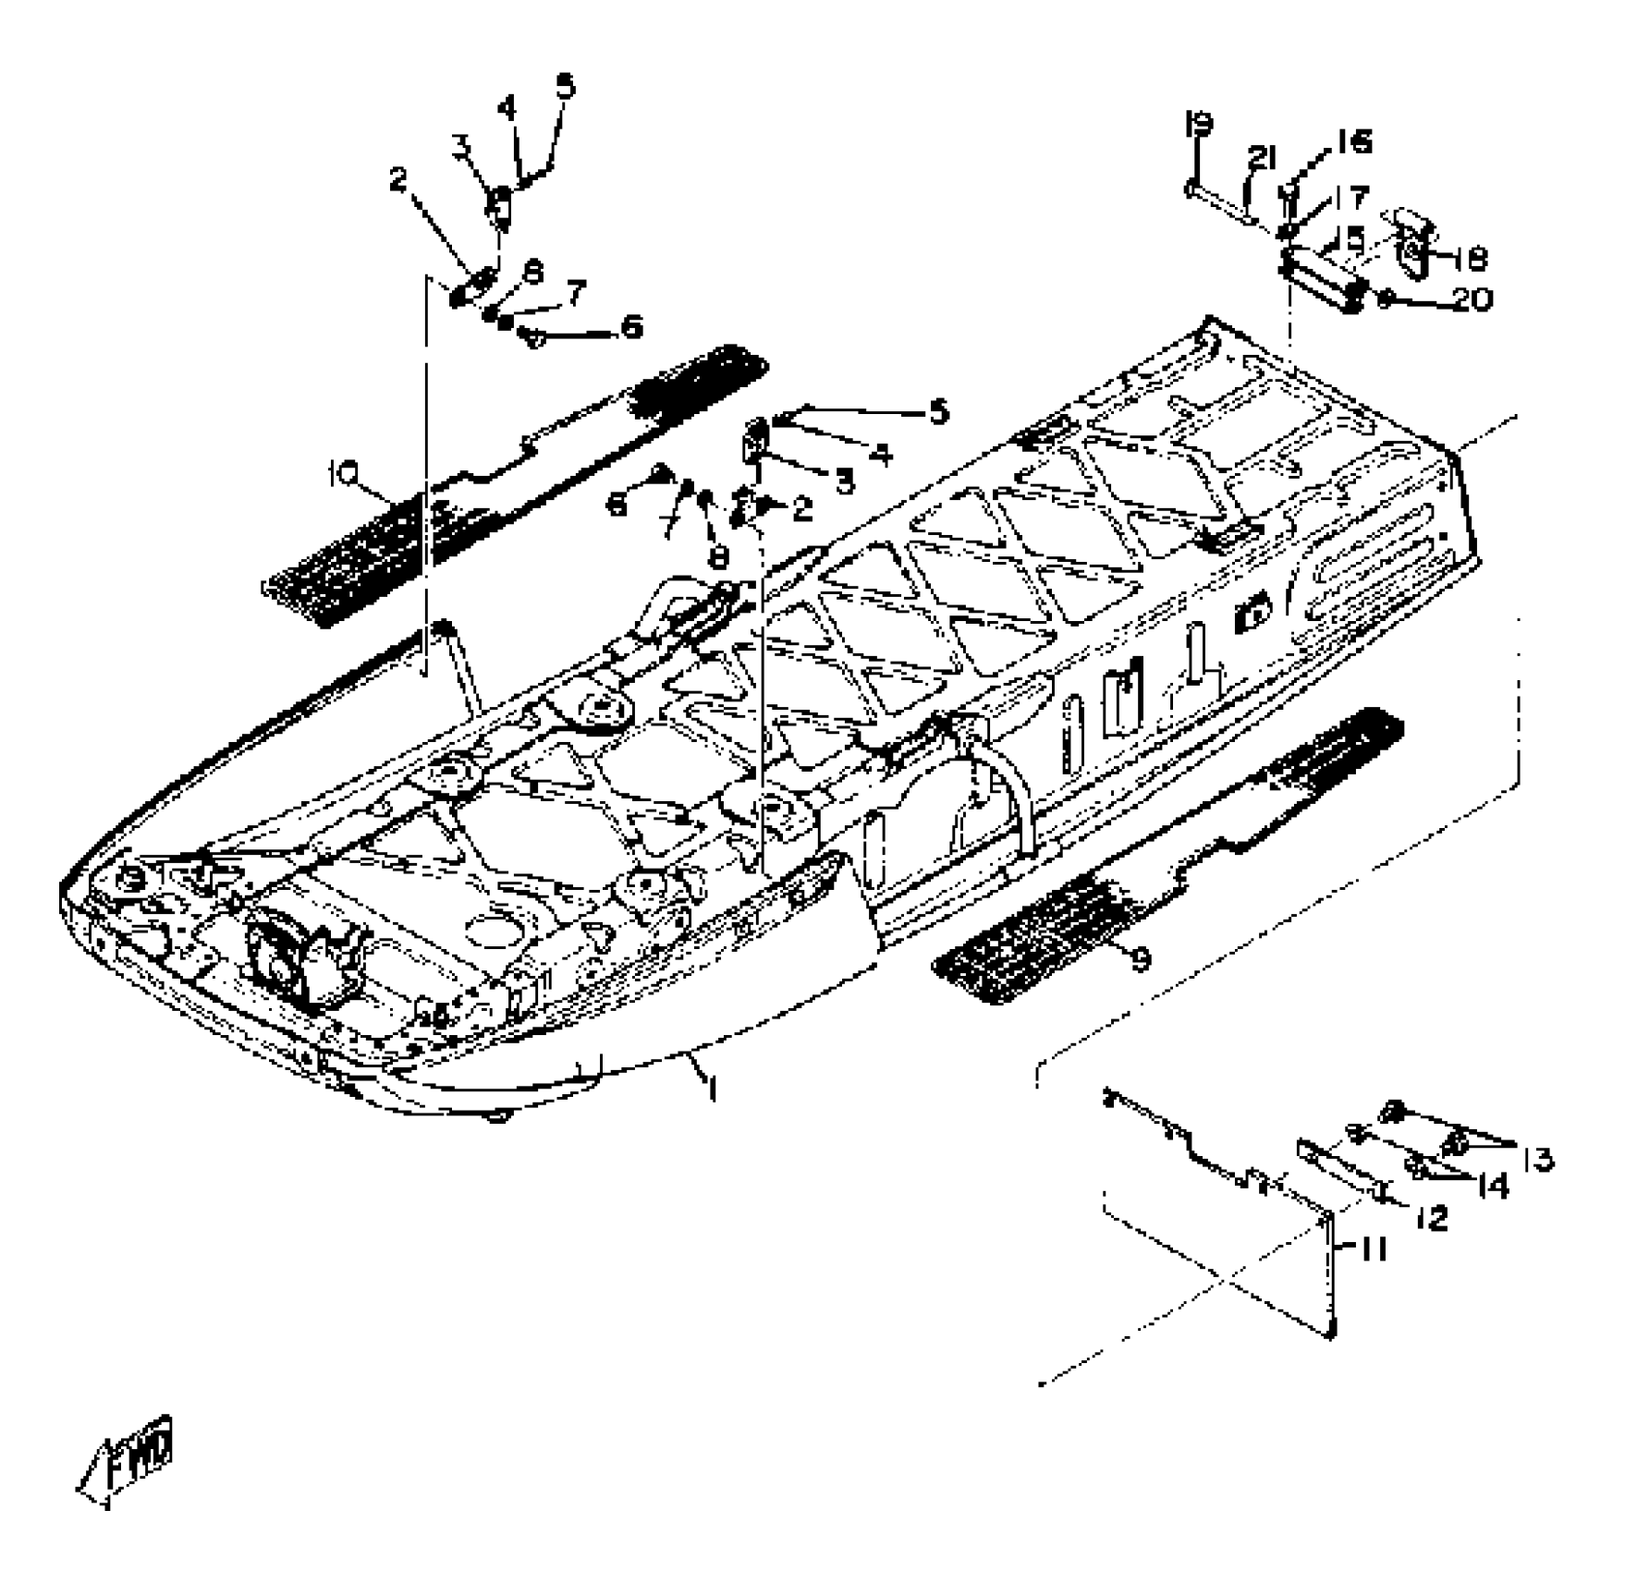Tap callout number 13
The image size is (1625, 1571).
point(1538,1159)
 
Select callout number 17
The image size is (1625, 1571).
point(1350,197)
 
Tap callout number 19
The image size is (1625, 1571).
point(1199,124)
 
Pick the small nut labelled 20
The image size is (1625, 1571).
point(1386,298)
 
